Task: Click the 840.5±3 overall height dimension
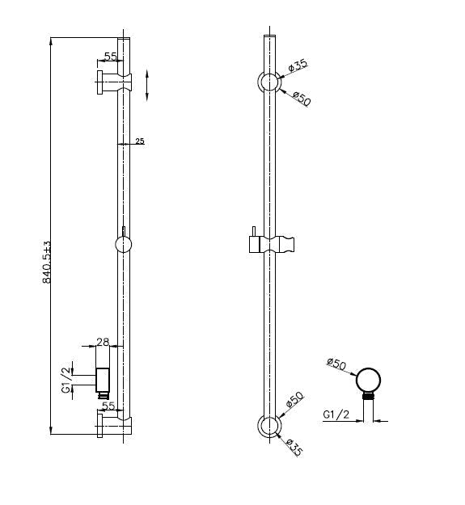click(x=47, y=260)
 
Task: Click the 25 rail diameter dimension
click(x=139, y=141)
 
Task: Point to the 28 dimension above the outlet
click(x=103, y=343)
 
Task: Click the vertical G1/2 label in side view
click(x=66, y=378)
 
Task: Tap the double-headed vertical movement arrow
click(x=146, y=85)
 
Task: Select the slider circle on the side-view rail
click(x=123, y=243)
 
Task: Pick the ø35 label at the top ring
click(x=298, y=64)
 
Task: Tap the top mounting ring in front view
click(x=268, y=82)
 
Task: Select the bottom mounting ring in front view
click(x=268, y=425)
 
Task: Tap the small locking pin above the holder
click(x=252, y=232)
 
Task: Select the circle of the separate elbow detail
click(x=369, y=381)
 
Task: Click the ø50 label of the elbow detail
click(x=336, y=364)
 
